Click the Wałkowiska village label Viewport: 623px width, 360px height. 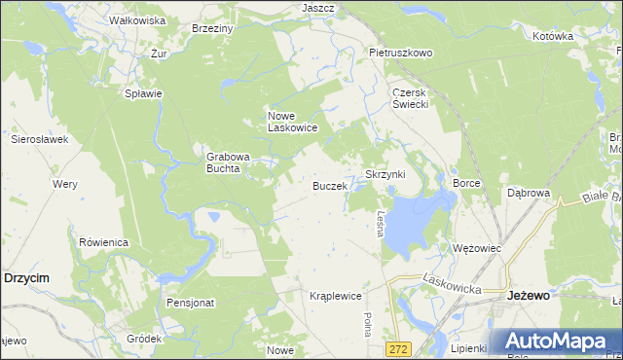tap(136, 20)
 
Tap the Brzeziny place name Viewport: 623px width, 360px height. tap(212, 29)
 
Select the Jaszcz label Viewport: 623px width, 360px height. tap(318, 8)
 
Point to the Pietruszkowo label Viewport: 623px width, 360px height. tap(400, 53)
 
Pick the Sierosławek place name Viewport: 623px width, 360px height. tap(39, 140)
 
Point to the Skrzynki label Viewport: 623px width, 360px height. tap(390, 174)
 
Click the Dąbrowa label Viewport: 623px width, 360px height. tap(530, 194)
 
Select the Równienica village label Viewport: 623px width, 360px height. tap(104, 242)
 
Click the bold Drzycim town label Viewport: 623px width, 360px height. tap(27, 277)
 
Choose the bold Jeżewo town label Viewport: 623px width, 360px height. tap(530, 295)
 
